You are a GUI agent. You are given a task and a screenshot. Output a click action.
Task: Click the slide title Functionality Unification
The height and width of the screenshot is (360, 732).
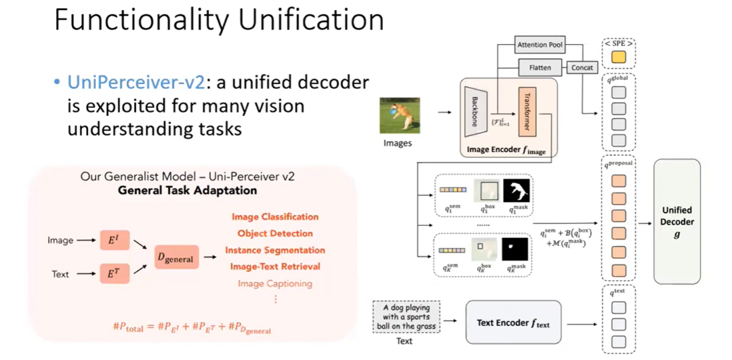219,21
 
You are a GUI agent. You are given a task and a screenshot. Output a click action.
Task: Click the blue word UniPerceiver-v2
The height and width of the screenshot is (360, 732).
135,83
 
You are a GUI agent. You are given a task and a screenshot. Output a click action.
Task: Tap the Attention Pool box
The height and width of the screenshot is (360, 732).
540,45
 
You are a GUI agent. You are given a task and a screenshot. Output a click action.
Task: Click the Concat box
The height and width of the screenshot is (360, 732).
582,67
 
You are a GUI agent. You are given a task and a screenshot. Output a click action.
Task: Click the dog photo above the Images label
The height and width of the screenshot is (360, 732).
399,115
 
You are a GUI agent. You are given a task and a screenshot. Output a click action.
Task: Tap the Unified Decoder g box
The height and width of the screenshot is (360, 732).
676,222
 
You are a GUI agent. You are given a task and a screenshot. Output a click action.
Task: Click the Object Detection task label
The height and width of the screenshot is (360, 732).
275,233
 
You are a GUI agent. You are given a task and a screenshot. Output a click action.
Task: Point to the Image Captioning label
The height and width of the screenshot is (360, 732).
275,283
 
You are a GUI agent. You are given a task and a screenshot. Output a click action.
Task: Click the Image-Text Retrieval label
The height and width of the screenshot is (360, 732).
275,266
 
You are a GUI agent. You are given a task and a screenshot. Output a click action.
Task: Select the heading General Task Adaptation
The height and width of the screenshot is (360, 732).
187,191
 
